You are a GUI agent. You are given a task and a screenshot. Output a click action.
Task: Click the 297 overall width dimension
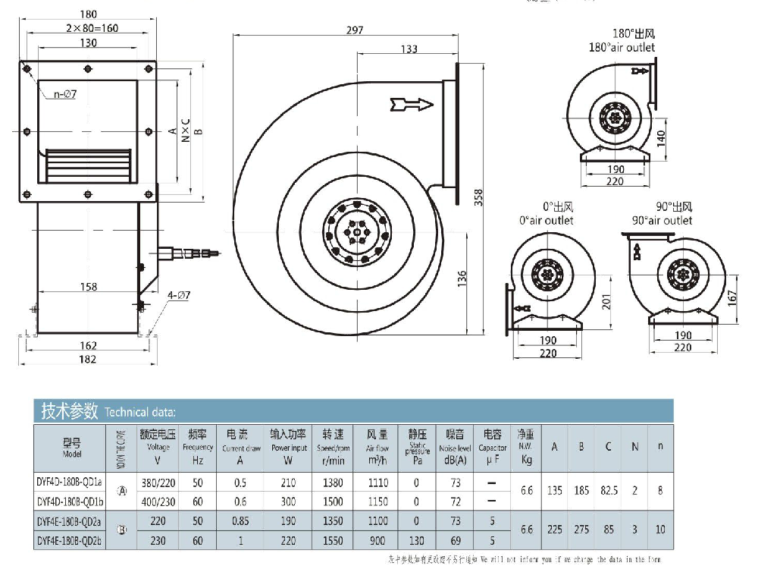pyautogui.click(x=354, y=30)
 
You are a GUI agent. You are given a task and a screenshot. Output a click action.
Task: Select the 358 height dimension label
pyautogui.click(x=478, y=197)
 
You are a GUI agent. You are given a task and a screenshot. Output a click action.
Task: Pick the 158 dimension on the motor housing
pyautogui.click(x=88, y=287)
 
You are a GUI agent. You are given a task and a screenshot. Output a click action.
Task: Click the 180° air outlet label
pyautogui.click(x=622, y=41)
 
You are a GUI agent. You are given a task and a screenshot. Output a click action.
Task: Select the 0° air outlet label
pyautogui.click(x=546, y=214)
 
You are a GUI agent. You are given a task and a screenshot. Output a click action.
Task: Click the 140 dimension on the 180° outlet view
pyautogui.click(x=660, y=137)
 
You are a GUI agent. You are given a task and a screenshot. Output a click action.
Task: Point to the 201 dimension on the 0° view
pyautogui.click(x=605, y=303)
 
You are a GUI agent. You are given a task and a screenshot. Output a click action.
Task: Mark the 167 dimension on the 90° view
pyautogui.click(x=731, y=297)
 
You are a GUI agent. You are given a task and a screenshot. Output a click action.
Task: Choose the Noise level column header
pyautogui.click(x=455, y=443)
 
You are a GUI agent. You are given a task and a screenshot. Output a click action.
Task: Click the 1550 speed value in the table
pyautogui.click(x=333, y=541)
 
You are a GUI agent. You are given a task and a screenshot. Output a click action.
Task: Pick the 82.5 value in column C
pyautogui.click(x=608, y=492)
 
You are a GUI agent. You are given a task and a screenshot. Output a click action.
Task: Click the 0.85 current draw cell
pyautogui.click(x=242, y=520)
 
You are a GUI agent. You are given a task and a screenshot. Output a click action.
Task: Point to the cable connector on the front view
pyautogui.click(x=189, y=253)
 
